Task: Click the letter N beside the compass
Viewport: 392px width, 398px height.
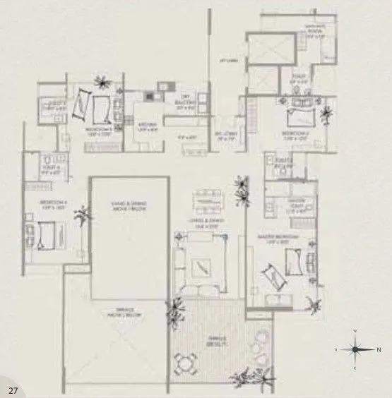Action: click(379, 349)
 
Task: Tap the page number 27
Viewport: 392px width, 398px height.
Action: click(13, 390)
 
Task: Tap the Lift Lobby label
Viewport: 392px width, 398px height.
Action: click(227, 63)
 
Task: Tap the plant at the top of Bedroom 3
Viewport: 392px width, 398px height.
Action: click(103, 80)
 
